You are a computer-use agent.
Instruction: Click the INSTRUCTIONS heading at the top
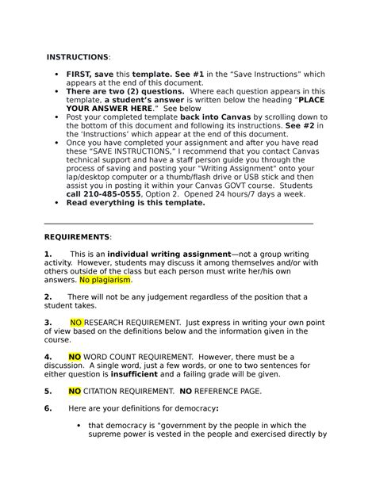point(78,58)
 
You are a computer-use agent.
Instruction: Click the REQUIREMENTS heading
point(77,237)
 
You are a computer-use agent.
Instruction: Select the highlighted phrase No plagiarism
point(105,280)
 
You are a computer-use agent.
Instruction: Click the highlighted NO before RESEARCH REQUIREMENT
point(76,323)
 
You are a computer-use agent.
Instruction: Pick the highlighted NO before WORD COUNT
point(75,357)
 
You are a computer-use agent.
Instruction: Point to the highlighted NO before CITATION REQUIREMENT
point(75,391)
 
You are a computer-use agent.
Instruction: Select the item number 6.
point(48,408)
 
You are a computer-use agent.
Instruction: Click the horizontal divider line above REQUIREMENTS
point(178,224)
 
